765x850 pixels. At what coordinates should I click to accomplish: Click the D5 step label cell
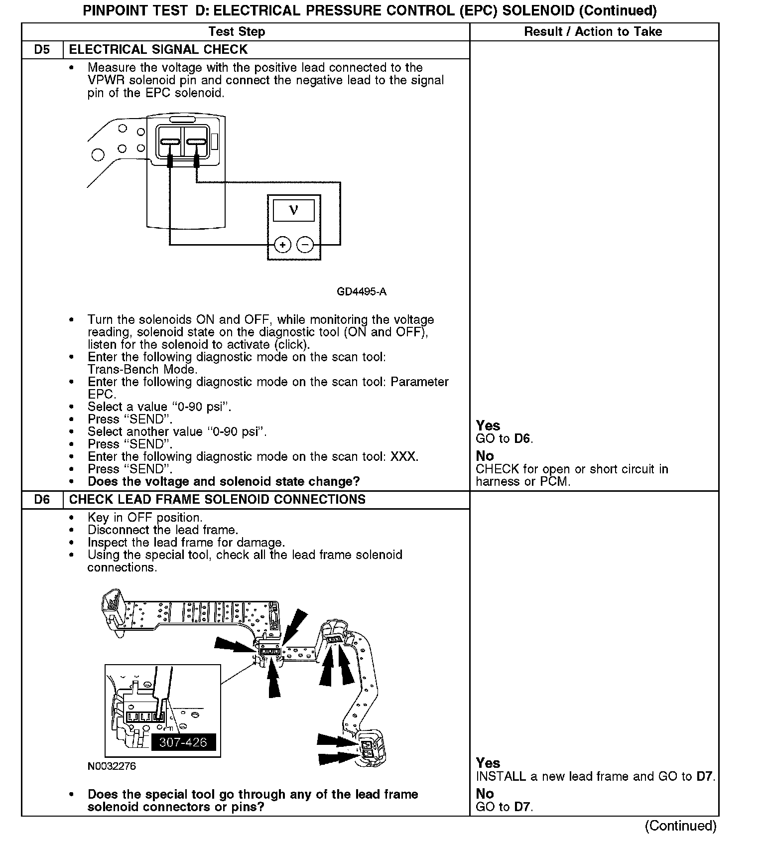[x=42, y=50]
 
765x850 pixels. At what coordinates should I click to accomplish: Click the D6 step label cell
[x=42, y=500]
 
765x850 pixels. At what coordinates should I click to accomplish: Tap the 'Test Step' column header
[x=237, y=32]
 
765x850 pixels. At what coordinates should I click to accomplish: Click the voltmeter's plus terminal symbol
[x=282, y=245]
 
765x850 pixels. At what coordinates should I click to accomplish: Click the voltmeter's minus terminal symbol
[x=305, y=245]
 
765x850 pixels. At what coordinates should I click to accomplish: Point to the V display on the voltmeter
[x=294, y=210]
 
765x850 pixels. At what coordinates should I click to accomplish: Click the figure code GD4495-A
[x=362, y=292]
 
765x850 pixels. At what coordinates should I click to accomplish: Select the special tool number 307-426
[x=183, y=742]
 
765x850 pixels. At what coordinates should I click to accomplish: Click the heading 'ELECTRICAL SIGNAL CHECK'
[x=158, y=50]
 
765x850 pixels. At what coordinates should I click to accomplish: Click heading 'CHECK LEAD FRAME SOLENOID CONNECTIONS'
[x=217, y=500]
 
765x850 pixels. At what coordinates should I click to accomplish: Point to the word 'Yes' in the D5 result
[x=488, y=425]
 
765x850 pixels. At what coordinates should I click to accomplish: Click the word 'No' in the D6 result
[x=485, y=794]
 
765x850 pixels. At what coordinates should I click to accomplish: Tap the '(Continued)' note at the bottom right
[x=680, y=826]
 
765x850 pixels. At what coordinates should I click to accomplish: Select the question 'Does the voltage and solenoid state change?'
[x=224, y=482]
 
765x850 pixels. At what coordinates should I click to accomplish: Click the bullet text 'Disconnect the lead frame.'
[x=163, y=530]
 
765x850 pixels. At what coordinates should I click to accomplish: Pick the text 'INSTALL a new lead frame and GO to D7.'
[x=595, y=776]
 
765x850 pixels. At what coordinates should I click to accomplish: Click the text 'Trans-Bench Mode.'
[x=142, y=370]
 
